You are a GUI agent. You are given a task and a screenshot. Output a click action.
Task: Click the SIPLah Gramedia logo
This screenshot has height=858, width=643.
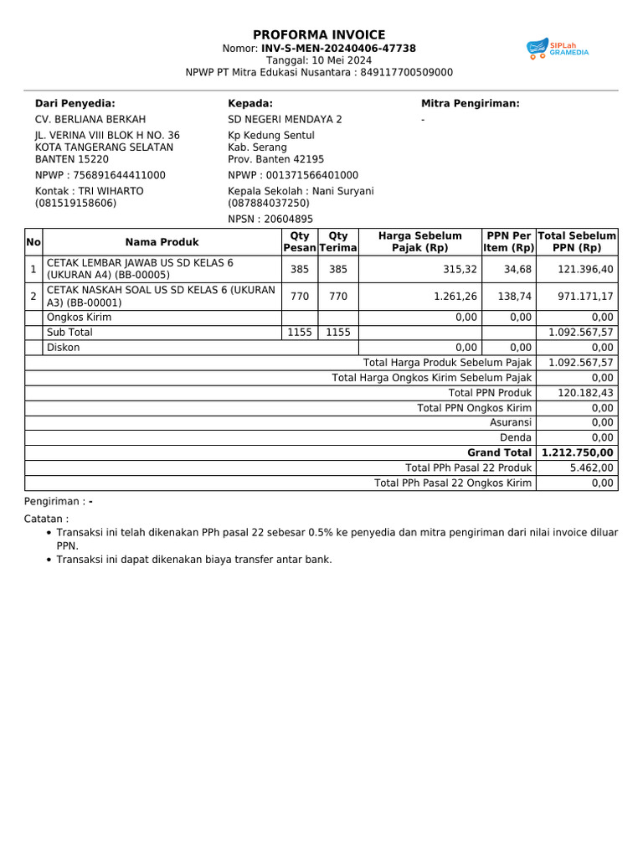(x=558, y=49)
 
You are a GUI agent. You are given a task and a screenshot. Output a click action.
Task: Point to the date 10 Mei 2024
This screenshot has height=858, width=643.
(x=331, y=60)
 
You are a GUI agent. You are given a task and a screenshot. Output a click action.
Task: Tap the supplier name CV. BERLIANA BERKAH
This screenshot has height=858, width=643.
(x=90, y=120)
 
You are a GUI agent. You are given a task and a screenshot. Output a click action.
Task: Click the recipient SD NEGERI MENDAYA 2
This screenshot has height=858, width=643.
(x=285, y=120)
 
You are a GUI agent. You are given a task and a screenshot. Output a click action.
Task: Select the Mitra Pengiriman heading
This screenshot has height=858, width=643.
(x=470, y=103)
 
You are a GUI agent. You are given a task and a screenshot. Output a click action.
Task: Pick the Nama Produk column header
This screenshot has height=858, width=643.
(x=162, y=242)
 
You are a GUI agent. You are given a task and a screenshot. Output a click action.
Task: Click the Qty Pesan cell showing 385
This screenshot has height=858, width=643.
(x=299, y=269)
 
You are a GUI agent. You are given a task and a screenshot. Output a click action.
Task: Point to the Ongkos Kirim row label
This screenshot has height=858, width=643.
(x=79, y=318)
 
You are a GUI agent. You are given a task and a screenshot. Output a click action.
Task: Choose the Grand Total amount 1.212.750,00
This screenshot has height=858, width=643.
(x=578, y=452)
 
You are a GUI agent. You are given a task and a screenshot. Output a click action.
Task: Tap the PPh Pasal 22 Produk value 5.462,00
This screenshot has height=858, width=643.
(x=592, y=468)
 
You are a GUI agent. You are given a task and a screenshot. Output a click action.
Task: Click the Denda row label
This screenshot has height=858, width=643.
(x=516, y=437)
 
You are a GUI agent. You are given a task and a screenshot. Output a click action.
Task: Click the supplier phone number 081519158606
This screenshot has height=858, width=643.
(x=75, y=203)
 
